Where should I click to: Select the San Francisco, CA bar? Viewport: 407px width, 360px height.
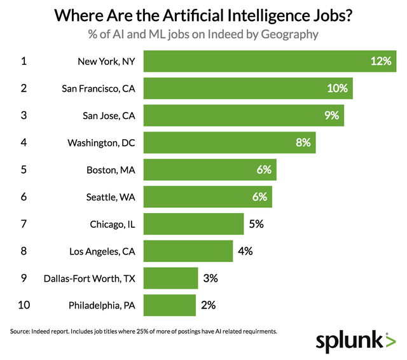(x=248, y=88)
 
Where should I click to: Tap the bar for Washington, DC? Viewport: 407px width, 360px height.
(x=230, y=142)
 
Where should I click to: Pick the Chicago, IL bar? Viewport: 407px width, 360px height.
(x=193, y=224)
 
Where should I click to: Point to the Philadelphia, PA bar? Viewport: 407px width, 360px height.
(x=170, y=305)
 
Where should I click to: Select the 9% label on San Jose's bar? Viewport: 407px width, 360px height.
(x=332, y=116)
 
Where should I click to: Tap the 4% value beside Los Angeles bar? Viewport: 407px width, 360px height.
(x=245, y=251)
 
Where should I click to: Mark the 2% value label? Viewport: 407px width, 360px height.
(x=209, y=305)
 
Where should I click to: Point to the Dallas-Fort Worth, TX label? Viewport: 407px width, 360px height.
(x=90, y=278)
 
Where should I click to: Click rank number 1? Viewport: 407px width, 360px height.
(x=24, y=62)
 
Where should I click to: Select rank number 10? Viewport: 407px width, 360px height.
(x=24, y=305)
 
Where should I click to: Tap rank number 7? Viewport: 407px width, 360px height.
(x=24, y=224)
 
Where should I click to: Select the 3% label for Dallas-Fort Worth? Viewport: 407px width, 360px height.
(x=210, y=278)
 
